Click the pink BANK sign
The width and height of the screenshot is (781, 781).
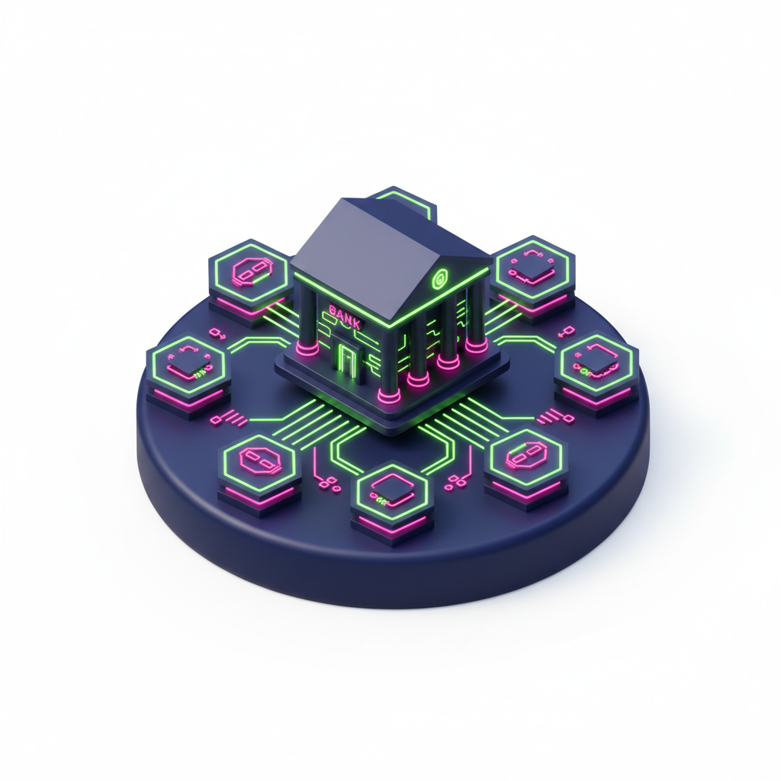(x=344, y=319)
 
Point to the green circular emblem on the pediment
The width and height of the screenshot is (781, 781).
(x=439, y=279)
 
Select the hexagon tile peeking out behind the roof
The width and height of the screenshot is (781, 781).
(x=406, y=201)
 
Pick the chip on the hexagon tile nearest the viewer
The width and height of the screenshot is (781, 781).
(x=391, y=487)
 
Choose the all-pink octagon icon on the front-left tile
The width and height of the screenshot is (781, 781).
(x=259, y=461)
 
